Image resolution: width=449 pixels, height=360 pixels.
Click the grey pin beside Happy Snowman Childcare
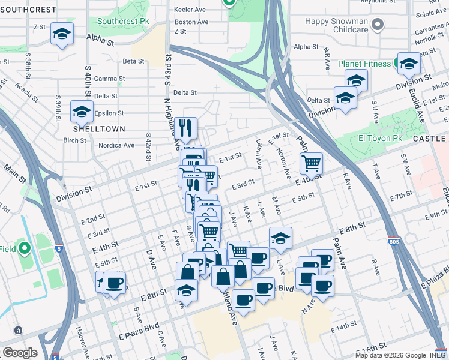coord(377,25)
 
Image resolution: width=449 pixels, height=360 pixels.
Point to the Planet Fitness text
coord(364,64)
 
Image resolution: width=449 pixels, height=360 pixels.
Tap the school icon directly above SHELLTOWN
coord(82,111)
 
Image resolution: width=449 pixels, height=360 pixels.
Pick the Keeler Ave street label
coord(190,10)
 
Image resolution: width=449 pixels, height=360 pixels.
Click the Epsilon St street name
coord(109,113)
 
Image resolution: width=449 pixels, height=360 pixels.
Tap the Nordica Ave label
coord(116,145)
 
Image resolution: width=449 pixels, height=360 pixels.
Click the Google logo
coord(20,353)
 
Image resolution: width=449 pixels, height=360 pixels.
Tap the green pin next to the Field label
coord(24,248)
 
